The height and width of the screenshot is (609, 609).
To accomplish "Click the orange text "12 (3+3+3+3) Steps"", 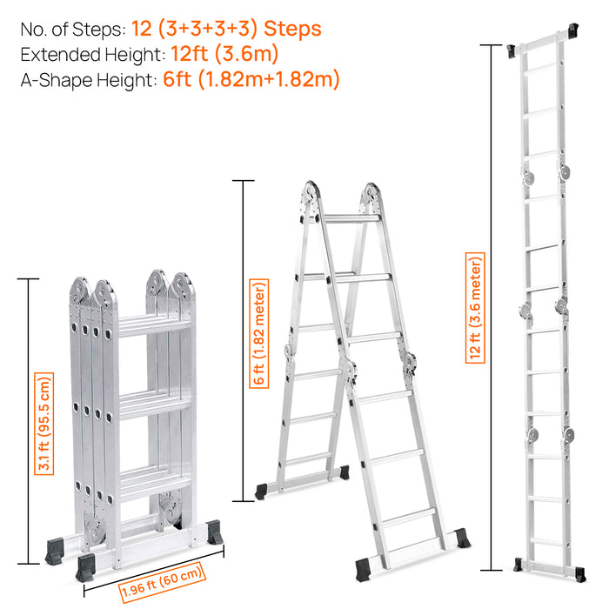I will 226,30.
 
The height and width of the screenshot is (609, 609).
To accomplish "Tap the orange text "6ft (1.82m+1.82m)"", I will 251,80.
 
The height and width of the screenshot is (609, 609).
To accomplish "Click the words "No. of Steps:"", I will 72,30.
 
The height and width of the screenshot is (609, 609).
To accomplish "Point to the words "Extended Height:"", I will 92,55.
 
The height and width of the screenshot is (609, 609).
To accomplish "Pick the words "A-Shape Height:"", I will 88,80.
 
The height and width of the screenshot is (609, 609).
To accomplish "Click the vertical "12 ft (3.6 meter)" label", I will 474,307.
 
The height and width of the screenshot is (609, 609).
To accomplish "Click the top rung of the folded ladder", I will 153,325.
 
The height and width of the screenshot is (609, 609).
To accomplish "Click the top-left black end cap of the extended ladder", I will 515,50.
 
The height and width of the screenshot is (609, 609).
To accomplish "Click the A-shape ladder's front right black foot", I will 461,539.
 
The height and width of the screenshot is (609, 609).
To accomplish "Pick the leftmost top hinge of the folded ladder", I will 79,291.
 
